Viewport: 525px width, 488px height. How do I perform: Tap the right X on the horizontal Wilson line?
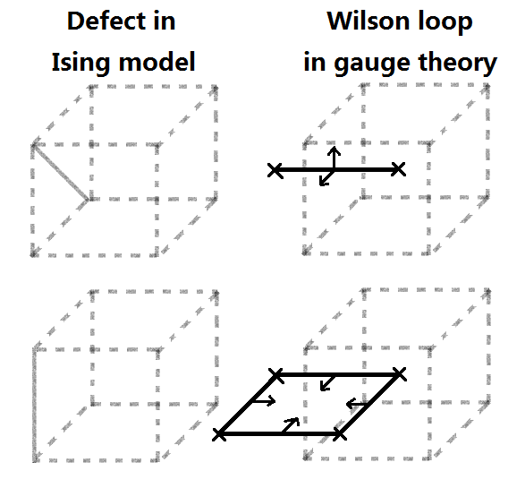pyautogui.click(x=399, y=168)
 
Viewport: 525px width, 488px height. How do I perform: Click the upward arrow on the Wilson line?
pyautogui.click(x=333, y=156)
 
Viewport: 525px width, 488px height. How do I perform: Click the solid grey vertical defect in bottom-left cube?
pyautogui.click(x=35, y=403)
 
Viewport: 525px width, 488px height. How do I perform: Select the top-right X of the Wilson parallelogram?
pyautogui.click(x=399, y=373)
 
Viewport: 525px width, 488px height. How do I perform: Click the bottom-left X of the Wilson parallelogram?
pyautogui.click(x=219, y=434)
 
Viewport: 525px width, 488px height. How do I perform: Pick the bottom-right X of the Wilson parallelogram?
pyautogui.click(x=340, y=434)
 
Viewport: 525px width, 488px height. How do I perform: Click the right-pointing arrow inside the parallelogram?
pyautogui.click(x=263, y=402)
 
